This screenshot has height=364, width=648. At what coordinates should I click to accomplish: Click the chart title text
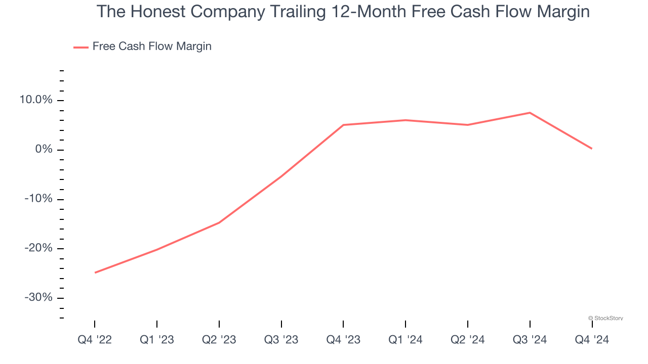click(343, 12)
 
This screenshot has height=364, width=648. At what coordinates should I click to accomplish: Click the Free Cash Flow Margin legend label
click(152, 47)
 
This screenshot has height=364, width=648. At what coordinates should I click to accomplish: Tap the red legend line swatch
click(81, 47)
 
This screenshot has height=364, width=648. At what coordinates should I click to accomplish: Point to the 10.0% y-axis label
click(36, 100)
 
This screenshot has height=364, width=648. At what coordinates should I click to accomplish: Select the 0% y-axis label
click(44, 150)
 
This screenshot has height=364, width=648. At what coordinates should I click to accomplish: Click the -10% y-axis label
click(38, 199)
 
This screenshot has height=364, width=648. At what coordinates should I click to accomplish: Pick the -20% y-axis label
click(38, 248)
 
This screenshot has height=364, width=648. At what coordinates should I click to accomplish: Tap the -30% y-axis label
click(38, 297)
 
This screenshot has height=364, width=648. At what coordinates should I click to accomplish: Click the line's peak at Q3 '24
click(530, 113)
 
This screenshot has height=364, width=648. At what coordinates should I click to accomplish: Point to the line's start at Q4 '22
click(95, 272)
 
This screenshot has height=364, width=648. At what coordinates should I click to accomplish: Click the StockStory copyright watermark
click(605, 318)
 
